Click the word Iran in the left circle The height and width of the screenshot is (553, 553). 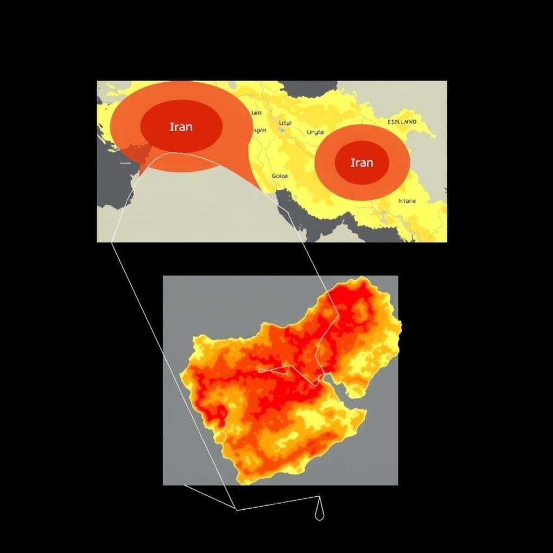[181, 127]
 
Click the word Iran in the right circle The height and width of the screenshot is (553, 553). [361, 162]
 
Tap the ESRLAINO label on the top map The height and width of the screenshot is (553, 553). [402, 122]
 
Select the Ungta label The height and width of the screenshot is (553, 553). [315, 132]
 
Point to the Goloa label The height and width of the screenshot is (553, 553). [280, 176]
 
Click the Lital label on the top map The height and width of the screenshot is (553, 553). [285, 123]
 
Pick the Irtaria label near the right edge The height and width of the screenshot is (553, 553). [407, 201]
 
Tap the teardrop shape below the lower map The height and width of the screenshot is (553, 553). [319, 514]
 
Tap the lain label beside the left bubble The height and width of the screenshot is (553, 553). [256, 113]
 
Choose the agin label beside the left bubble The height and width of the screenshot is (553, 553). [259, 130]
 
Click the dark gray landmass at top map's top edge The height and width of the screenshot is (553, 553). [308, 87]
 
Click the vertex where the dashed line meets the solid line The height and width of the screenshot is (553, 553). [236, 509]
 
